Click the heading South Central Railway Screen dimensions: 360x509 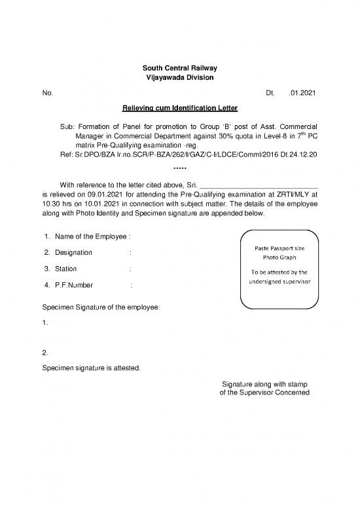pos(179,68)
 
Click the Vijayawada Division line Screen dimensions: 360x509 pos(179,78)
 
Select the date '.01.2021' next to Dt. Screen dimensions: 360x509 pos(302,93)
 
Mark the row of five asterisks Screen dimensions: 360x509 pos(179,169)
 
